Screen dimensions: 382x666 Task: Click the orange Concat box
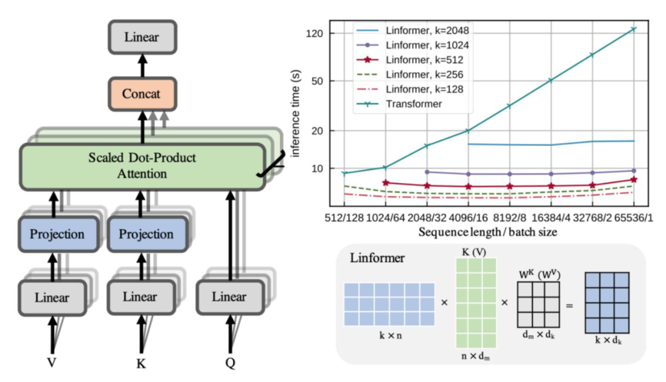pos(141,94)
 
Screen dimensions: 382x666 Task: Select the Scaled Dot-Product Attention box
pos(141,166)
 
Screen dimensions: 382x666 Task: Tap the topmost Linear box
pos(141,37)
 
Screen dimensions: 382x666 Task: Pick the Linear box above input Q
pos(229,297)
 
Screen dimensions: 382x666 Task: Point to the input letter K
pos(141,363)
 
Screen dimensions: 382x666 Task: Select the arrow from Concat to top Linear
pos(141,65)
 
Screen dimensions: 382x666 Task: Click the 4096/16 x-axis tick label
pos(468,217)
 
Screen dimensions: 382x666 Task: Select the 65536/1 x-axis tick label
pos(632,217)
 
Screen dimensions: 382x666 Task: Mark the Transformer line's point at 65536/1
pos(633,29)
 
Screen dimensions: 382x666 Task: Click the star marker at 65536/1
pos(633,180)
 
